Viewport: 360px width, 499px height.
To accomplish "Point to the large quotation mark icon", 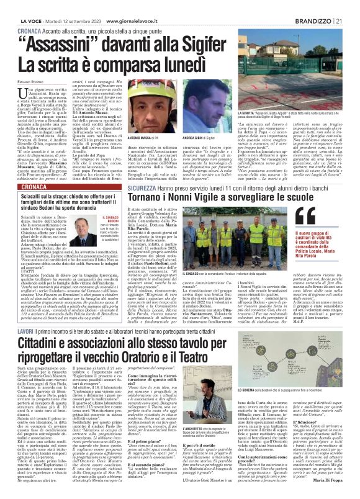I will (285, 199).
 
